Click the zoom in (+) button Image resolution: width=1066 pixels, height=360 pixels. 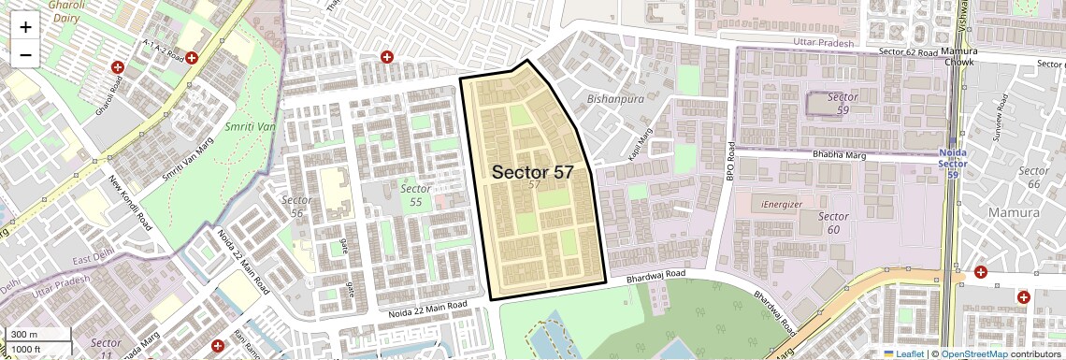point(25,27)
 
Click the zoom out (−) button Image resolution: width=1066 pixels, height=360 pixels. point(25,55)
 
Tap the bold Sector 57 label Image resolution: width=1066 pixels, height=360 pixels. point(532,172)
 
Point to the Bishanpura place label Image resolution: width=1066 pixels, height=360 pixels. point(615,98)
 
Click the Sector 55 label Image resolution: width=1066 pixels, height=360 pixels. point(416,194)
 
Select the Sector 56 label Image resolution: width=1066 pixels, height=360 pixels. point(297,207)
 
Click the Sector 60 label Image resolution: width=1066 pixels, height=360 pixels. point(833,223)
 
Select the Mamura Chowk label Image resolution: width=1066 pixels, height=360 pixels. point(958,56)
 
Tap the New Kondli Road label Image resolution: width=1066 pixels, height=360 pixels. point(130,204)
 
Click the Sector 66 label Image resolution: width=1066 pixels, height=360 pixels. point(1033,177)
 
